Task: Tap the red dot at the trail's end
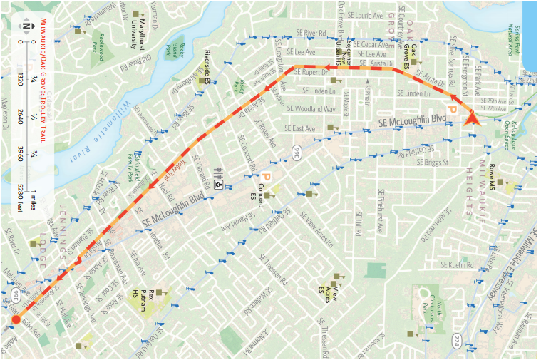pyautogui.click(x=16, y=320)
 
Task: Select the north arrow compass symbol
pyautogui.click(x=27, y=28)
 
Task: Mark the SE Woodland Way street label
pyautogui.click(x=311, y=109)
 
